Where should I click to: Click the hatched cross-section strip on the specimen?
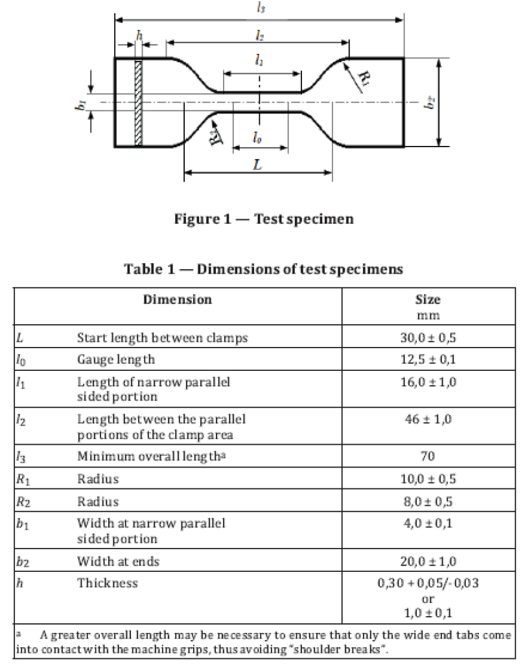(138, 103)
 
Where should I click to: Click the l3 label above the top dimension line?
(261, 7)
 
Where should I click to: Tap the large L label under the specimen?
(257, 164)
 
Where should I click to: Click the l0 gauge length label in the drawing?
(257, 137)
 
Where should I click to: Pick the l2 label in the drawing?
(259, 36)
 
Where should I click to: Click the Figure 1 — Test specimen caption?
(264, 219)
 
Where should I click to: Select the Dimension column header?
(178, 300)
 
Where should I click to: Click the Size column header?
(428, 300)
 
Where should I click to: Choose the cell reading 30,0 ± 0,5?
(428, 337)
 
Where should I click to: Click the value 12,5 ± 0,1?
(428, 359)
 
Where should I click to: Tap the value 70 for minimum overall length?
(428, 456)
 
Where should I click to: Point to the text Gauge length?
(116, 359)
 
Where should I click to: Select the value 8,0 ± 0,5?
(428, 501)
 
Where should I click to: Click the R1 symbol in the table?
(23, 479)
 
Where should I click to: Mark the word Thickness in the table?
(108, 583)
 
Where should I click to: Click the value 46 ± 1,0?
(428, 420)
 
